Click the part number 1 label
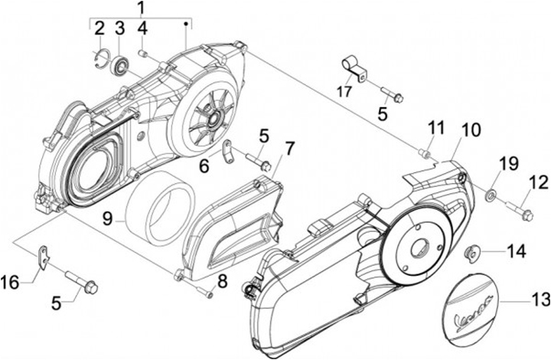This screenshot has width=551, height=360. tap(141, 8)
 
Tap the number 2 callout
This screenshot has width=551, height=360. tap(99, 30)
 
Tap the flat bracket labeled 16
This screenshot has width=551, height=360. tap(44, 256)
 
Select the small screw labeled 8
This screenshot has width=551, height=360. tap(203, 290)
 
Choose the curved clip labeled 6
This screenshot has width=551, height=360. tap(228, 151)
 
